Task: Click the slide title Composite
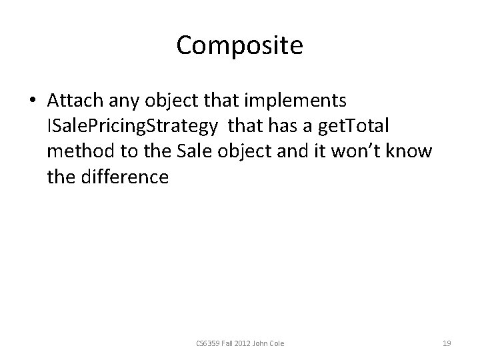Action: click(x=240, y=45)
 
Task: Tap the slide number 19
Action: click(x=447, y=344)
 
